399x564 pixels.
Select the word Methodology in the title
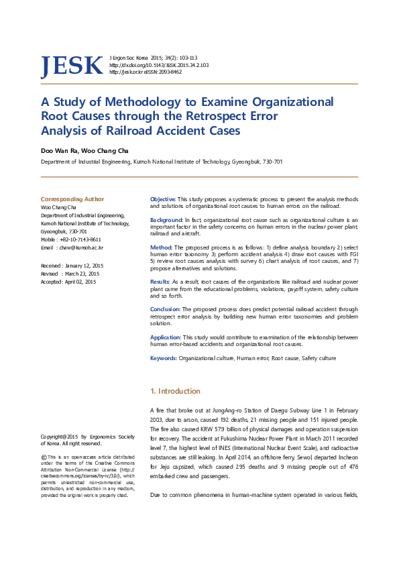[x=133, y=102]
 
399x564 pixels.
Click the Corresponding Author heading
[x=72, y=199]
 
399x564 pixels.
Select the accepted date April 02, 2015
[x=80, y=282]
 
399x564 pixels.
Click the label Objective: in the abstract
[x=163, y=200]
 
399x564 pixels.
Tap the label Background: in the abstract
[x=166, y=220]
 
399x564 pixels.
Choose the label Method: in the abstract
[x=161, y=247]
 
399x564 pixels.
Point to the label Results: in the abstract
[x=160, y=282]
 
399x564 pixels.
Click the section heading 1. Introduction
[x=175, y=391]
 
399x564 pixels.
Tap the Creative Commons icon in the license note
[x=44, y=457]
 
